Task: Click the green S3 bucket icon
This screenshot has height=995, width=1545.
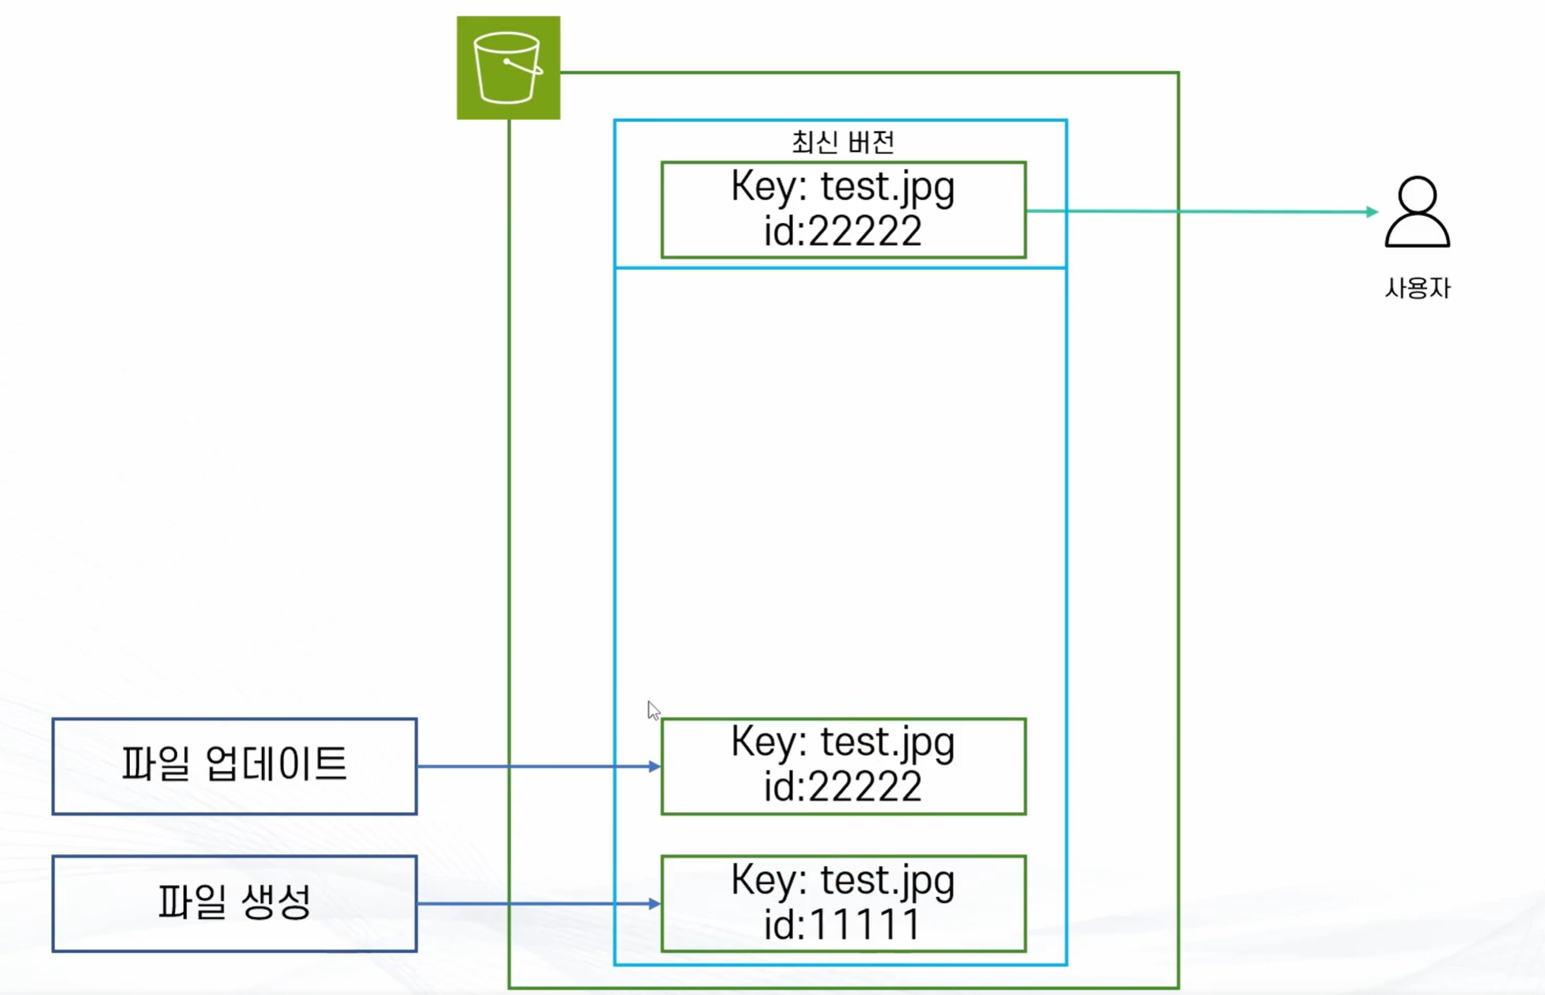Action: click(x=508, y=67)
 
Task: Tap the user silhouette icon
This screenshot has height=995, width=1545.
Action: click(x=1417, y=211)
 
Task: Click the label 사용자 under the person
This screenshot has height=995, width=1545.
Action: click(x=1418, y=287)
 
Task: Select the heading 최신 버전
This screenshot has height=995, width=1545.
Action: click(x=843, y=142)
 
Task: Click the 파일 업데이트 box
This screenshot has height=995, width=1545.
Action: click(x=234, y=765)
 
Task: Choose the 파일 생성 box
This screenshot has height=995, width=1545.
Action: click(x=234, y=903)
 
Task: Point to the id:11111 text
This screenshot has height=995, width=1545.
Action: click(x=842, y=925)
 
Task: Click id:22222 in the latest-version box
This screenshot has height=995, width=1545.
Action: click(x=842, y=231)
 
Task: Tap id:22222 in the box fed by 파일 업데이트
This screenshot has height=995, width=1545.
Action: click(x=842, y=787)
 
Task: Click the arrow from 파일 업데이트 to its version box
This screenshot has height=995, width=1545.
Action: click(x=539, y=766)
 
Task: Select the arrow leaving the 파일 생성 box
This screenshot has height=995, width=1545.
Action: click(x=539, y=903)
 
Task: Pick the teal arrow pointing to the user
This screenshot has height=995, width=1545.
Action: click(x=1202, y=211)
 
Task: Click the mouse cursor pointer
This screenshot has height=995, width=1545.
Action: click(x=653, y=710)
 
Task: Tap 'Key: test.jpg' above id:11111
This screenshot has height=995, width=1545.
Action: click(x=843, y=880)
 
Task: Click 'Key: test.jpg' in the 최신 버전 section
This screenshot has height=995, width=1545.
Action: click(x=843, y=188)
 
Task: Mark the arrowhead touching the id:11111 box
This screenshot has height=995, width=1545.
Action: click(x=655, y=903)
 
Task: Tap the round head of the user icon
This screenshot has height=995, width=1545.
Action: click(x=1417, y=195)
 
